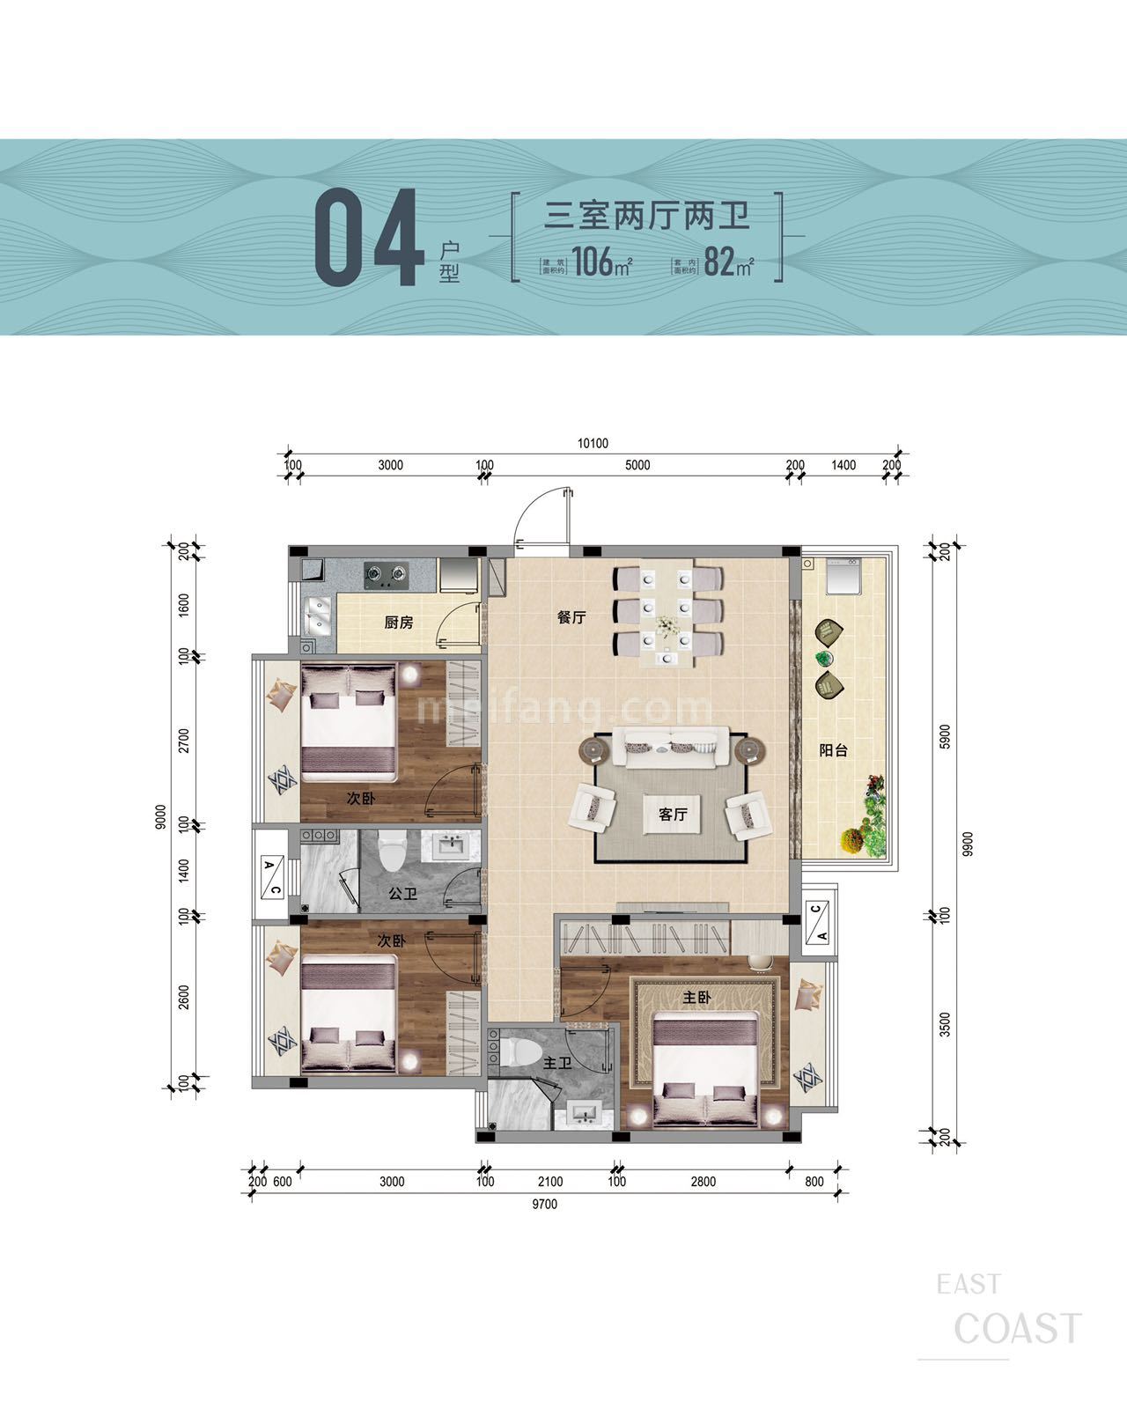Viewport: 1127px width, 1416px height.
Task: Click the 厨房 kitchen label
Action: [398, 623]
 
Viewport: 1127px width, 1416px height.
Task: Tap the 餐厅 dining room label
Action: [571, 617]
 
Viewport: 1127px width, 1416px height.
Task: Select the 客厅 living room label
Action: [673, 815]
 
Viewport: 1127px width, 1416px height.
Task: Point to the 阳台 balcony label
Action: [833, 751]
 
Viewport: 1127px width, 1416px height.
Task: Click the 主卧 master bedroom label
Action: [696, 998]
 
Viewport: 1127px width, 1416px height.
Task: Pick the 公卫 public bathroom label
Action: [402, 894]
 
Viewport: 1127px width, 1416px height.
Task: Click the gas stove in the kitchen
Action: [387, 577]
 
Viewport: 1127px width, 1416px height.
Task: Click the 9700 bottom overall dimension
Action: [544, 1204]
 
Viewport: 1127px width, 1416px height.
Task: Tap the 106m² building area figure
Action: [601, 262]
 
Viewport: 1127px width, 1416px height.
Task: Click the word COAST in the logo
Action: [1017, 1329]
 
